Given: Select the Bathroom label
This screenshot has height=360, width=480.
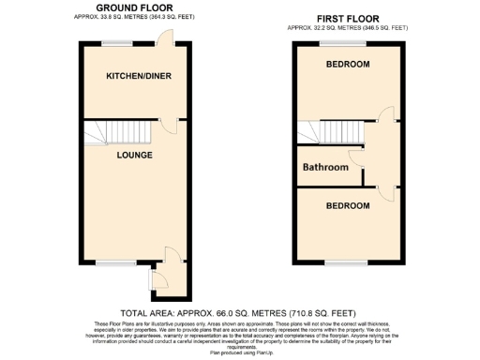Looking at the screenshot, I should [325, 168].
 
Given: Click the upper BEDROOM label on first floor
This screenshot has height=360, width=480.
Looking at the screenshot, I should [348, 65].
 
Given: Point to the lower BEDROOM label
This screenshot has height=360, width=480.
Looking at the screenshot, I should [348, 203].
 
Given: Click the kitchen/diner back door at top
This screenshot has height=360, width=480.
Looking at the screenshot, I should [165, 37].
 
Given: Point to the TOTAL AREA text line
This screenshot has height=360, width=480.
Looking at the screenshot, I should [238, 312].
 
